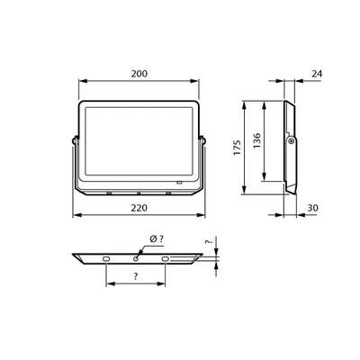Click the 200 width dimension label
pos(139,74)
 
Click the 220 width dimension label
pos(139,208)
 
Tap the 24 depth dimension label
pos(317,74)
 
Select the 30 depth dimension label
pos(312,208)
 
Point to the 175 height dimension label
pos(238,148)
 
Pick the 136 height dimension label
pos(257,140)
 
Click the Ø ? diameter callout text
pos(157,239)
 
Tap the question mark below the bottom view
pos(136,276)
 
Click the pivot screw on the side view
pos(291,141)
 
